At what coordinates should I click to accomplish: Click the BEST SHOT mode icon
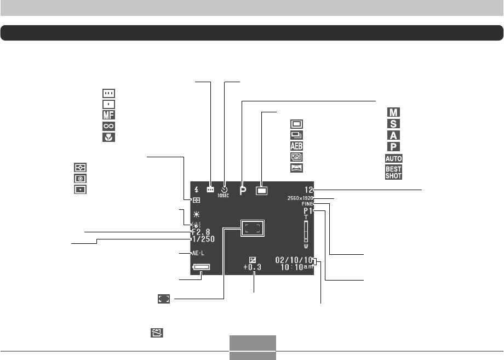(393, 173)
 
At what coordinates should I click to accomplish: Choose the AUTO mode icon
(393, 158)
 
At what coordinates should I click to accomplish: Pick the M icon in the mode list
(393, 112)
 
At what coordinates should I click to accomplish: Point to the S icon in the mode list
(393, 124)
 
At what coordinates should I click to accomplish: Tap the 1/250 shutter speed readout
(203, 239)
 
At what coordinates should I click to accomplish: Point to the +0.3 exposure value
(252, 267)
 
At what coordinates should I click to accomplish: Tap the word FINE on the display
(307, 204)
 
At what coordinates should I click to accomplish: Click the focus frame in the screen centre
(252, 228)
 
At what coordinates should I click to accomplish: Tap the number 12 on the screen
(310, 187)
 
